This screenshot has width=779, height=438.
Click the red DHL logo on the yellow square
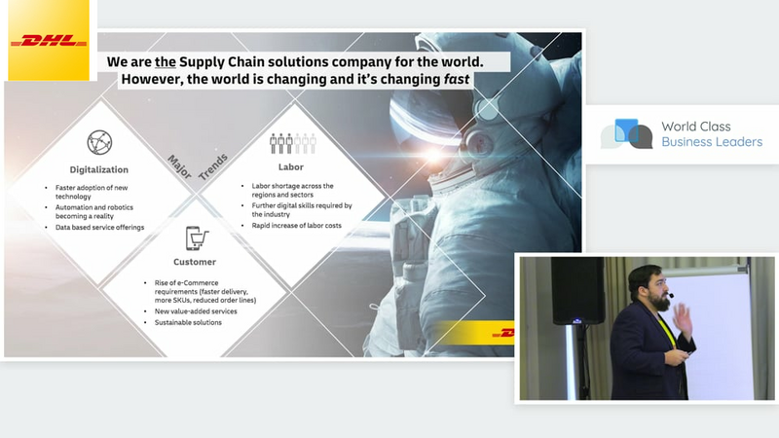pyautogui.click(x=49, y=41)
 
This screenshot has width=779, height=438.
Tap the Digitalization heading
pyautogui.click(x=99, y=169)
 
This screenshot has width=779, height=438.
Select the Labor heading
pyautogui.click(x=290, y=167)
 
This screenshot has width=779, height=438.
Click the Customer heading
pyautogui.click(x=195, y=262)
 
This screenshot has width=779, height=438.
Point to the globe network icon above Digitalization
pyautogui.click(x=99, y=142)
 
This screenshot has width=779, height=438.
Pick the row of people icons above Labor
pyautogui.click(x=293, y=143)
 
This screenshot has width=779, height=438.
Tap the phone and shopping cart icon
pyautogui.click(x=197, y=238)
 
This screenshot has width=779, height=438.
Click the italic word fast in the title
pyautogui.click(x=457, y=80)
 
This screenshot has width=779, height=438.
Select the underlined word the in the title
pyautogui.click(x=166, y=62)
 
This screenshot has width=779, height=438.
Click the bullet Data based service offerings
pyautogui.click(x=99, y=228)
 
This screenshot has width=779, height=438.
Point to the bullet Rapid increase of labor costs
pyautogui.click(x=296, y=226)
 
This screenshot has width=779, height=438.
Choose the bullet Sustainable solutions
pyautogui.click(x=188, y=323)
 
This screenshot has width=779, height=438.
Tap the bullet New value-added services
pyautogui.click(x=196, y=311)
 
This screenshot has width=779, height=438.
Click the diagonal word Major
pyautogui.click(x=179, y=166)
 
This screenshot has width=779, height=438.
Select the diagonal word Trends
pyautogui.click(x=213, y=166)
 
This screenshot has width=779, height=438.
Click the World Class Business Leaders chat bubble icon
pyautogui.click(x=626, y=133)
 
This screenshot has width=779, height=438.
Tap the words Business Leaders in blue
pyautogui.click(x=712, y=142)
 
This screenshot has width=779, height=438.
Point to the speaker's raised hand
pyautogui.click(x=683, y=319)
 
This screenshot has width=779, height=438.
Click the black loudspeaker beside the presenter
pyautogui.click(x=577, y=290)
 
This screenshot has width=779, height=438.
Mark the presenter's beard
pyautogui.click(x=660, y=301)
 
